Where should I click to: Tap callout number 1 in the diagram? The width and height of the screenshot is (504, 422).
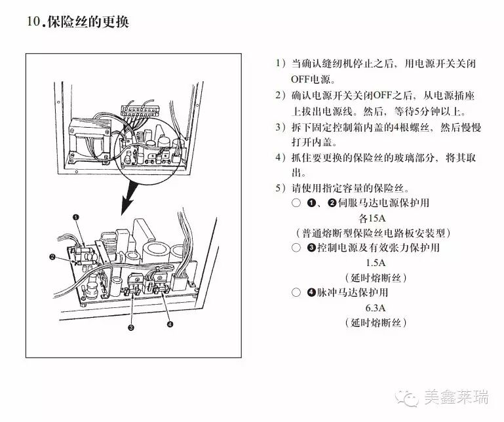pyautogui.click(x=76, y=217)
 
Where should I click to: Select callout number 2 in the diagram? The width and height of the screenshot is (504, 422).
pyautogui.click(x=52, y=257)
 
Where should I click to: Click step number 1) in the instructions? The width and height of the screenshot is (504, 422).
pyautogui.click(x=281, y=64)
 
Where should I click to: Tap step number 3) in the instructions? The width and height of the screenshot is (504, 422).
pyautogui.click(x=281, y=127)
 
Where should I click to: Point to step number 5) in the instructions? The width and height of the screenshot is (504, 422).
pyautogui.click(x=281, y=188)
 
